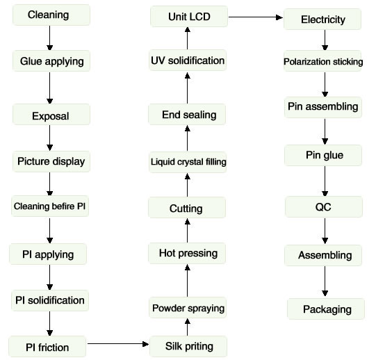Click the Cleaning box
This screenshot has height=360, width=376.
[x=51, y=15]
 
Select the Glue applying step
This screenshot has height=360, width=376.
[x=51, y=61]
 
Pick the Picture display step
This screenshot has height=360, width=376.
[x=51, y=161]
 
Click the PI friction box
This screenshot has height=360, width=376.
[x=47, y=347]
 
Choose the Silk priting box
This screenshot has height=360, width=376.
[x=188, y=346]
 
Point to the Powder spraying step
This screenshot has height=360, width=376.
[x=188, y=308]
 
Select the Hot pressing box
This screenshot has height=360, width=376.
[x=187, y=253]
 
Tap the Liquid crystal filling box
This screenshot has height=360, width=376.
[x=188, y=162]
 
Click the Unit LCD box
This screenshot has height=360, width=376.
[x=189, y=16]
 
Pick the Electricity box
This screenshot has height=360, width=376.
[x=322, y=19]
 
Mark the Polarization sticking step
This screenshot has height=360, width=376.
[x=322, y=61]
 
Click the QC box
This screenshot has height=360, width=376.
[x=324, y=206]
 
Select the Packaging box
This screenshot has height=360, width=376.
[x=326, y=309]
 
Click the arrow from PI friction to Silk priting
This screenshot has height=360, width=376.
[x=118, y=344]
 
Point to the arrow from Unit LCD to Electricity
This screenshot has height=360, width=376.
[x=256, y=17]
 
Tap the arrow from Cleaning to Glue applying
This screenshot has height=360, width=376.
[x=49, y=38]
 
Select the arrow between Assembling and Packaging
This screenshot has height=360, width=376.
[x=325, y=281]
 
